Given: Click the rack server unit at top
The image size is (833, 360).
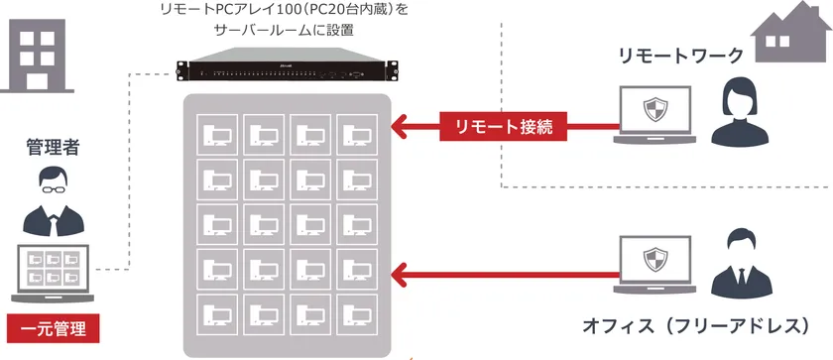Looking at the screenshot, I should (x=284, y=72).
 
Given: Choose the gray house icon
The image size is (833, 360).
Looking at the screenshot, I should (x=790, y=30).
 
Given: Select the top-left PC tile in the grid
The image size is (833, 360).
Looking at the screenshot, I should (x=217, y=136).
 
